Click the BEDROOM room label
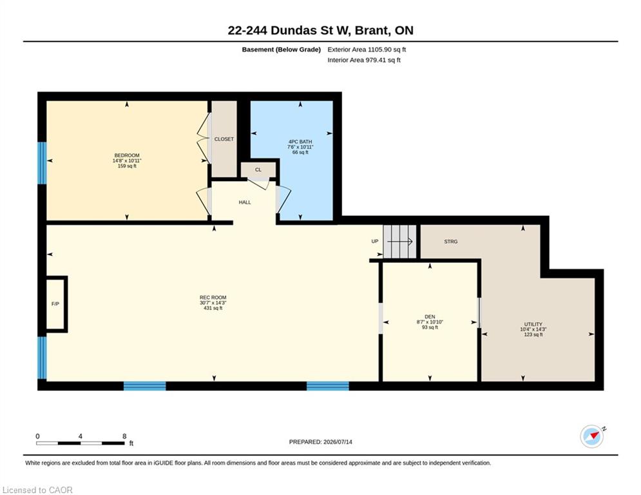point(127,155)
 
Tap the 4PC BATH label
point(300,142)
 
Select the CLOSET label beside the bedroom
point(224,139)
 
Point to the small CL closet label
point(258,170)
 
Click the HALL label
point(245,202)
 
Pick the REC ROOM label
point(213,297)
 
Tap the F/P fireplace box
point(56,304)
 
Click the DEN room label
point(430,316)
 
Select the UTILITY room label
point(533,324)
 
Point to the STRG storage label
point(451,241)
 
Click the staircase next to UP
point(399,242)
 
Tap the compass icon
point(592,436)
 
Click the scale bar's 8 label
point(124,436)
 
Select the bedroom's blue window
point(42,163)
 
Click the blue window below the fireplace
point(42,358)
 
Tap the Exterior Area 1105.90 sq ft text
point(367,50)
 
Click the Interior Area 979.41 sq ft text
point(364,60)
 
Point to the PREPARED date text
point(321,442)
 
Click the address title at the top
point(321,30)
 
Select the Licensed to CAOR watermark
point(37,490)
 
